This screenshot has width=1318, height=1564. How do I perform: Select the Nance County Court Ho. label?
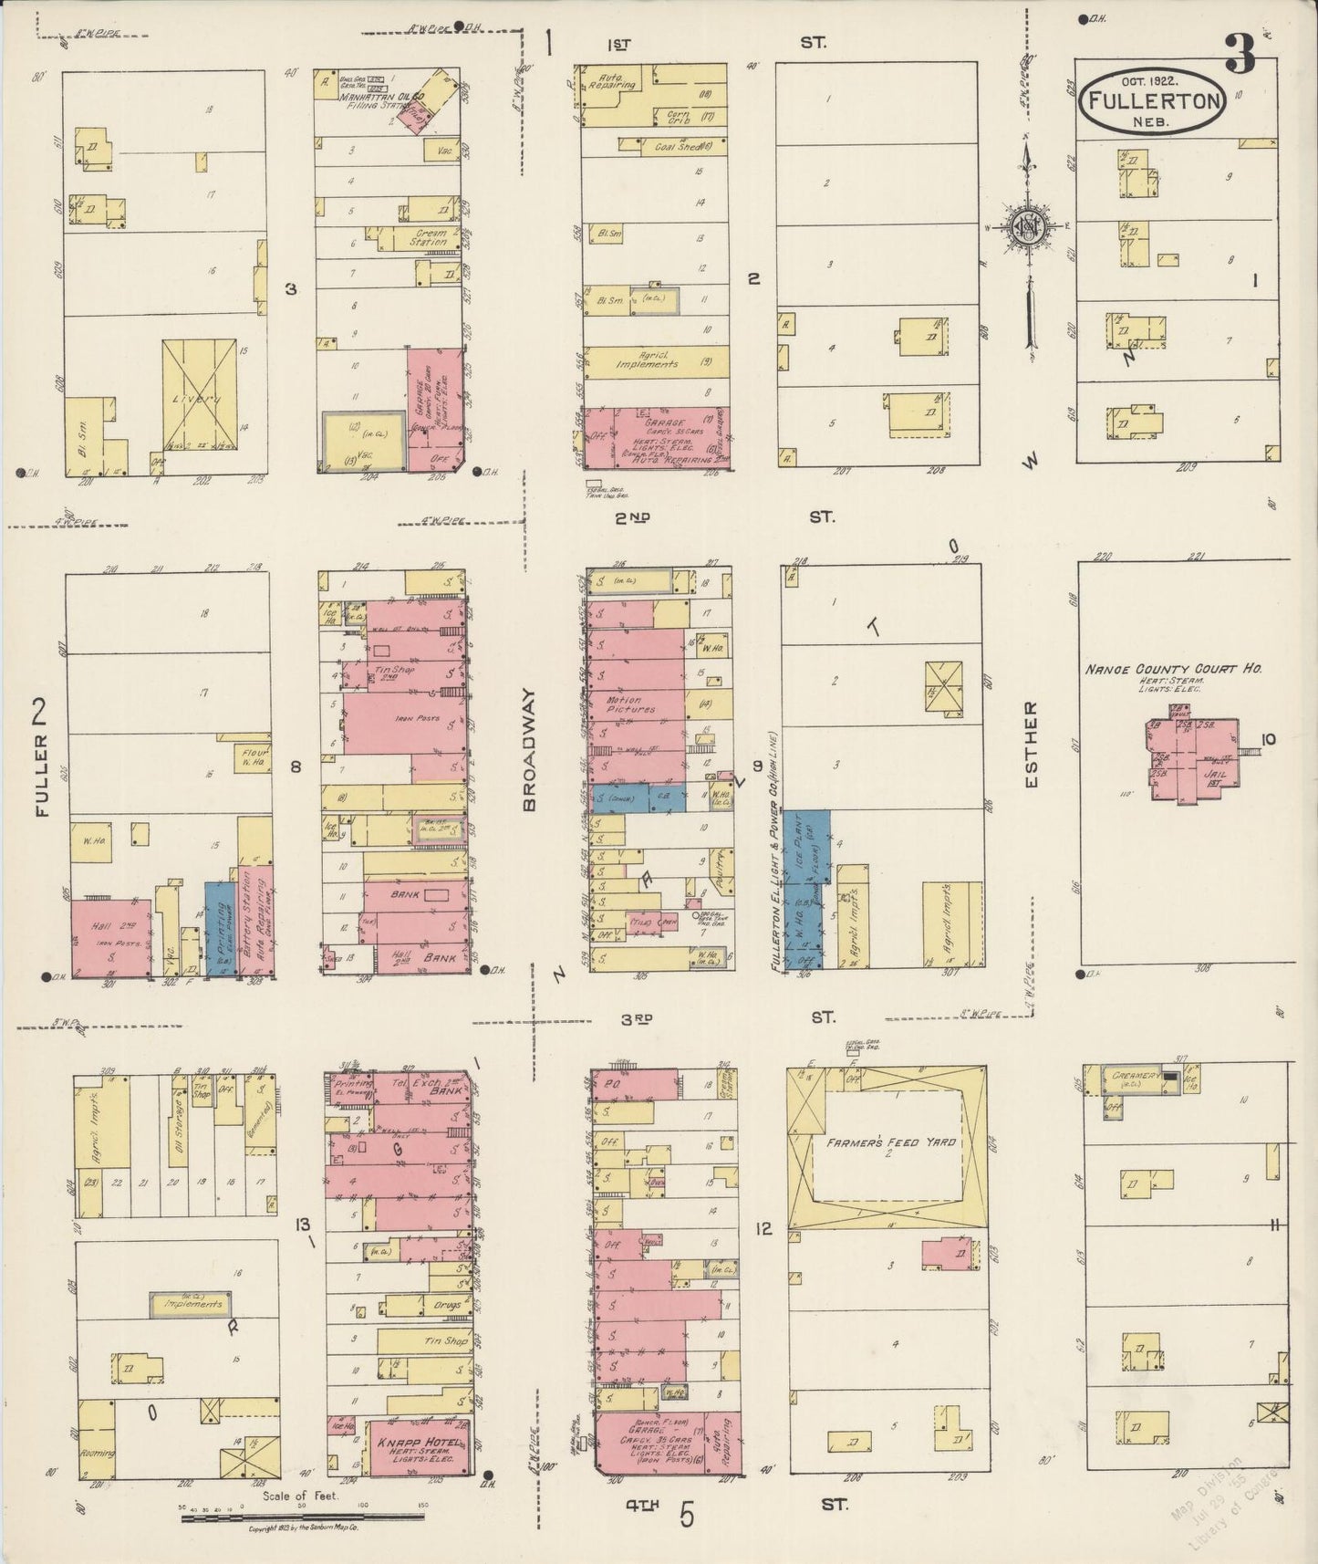click(1172, 669)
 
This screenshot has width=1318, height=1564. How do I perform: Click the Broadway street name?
click(531, 751)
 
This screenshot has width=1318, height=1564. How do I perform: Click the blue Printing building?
click(219, 930)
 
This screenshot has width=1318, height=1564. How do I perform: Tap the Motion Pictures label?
click(631, 705)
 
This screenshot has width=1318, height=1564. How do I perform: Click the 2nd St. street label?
click(632, 518)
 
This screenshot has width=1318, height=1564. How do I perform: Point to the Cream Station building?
click(427, 238)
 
